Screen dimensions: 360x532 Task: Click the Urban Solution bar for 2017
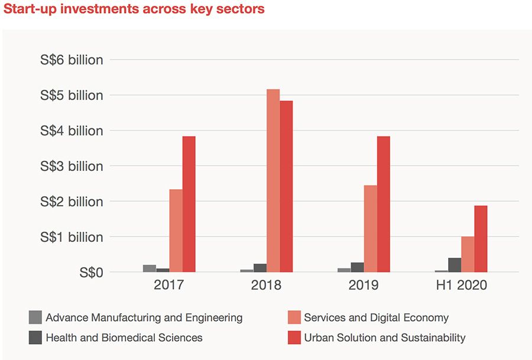189,204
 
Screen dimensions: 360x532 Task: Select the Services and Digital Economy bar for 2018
273,180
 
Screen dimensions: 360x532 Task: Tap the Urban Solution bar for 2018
286,186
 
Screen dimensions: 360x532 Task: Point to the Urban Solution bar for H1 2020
481,239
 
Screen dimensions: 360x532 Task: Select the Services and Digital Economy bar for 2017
176,231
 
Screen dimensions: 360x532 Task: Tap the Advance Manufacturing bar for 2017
150,268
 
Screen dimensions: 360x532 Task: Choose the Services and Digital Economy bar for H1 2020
468,254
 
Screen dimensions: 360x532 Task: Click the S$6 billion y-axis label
72,60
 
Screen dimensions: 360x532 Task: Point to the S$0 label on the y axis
88,273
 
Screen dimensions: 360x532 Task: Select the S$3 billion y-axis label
72,166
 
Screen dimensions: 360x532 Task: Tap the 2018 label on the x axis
267,285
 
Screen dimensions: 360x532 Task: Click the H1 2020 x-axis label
462,285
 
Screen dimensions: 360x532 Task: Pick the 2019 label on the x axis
364,285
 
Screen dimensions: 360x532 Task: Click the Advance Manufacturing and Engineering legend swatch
35,317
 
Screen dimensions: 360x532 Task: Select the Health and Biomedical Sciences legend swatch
35,338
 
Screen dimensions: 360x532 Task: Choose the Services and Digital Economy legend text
376,317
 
